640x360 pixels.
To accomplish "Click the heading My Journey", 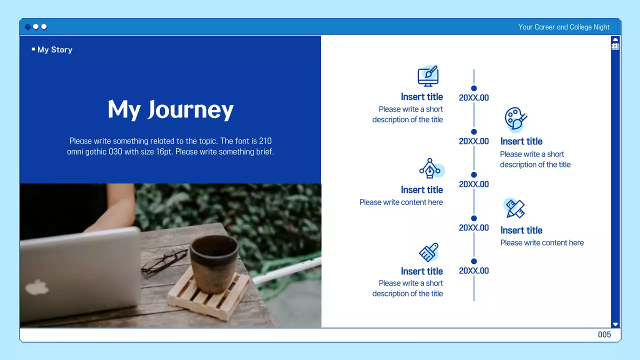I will (x=170, y=109).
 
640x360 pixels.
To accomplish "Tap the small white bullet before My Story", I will (x=33, y=49).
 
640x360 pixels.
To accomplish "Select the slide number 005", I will (x=604, y=334).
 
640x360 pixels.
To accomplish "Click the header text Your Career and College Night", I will (x=563, y=27).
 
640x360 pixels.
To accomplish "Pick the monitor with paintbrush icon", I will (x=428, y=76).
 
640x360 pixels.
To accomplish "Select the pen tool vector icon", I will (x=429, y=169).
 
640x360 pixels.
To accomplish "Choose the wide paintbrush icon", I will (x=428, y=252).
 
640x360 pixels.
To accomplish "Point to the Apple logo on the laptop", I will (x=37, y=287).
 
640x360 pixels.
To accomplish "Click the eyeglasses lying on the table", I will (x=164, y=260).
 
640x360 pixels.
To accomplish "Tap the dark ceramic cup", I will (x=214, y=262).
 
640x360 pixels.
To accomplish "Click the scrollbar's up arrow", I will (x=615, y=39).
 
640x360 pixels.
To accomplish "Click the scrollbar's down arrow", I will (x=615, y=324).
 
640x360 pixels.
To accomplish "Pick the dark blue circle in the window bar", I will (x=27, y=27).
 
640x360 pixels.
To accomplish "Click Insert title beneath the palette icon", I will (x=521, y=141).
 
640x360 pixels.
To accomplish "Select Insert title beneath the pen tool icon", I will (x=421, y=190).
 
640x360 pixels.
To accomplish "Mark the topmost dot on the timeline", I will (x=474, y=88).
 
